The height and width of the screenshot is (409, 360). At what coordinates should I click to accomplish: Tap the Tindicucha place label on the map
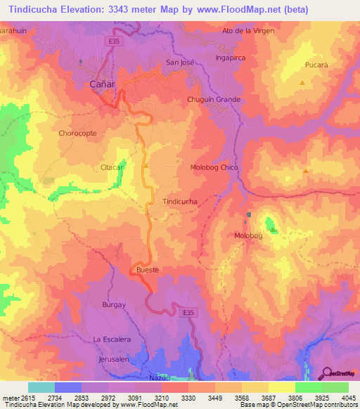click(x=179, y=201)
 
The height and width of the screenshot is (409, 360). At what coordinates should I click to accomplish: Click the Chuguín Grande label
click(x=214, y=99)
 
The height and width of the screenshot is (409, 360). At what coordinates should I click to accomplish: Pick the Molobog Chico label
click(x=214, y=167)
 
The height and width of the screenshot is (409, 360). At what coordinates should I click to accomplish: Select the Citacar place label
click(x=112, y=167)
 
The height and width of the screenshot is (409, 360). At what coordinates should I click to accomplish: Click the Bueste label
click(x=148, y=270)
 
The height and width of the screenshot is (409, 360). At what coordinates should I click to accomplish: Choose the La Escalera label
click(x=112, y=339)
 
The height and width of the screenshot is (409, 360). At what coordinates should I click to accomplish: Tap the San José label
click(x=179, y=62)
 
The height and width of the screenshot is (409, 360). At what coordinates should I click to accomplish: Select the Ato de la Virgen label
click(x=247, y=32)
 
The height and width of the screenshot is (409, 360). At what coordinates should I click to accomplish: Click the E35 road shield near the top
click(x=113, y=41)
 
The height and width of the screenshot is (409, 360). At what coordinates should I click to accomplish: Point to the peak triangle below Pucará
click(x=302, y=83)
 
